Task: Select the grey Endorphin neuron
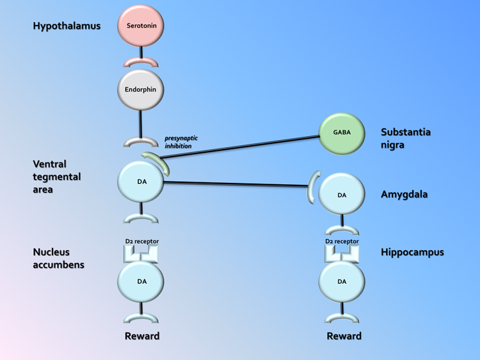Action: [x=141, y=90]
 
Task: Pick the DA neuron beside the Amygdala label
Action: [x=342, y=194]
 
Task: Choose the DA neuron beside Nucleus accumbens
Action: [x=141, y=281]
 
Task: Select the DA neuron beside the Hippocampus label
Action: [x=342, y=281]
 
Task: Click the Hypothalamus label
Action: [x=67, y=26]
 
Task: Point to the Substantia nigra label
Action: [x=405, y=138]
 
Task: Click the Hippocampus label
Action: [x=413, y=252]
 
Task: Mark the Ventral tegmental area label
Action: [x=57, y=176]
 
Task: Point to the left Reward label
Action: [x=142, y=336]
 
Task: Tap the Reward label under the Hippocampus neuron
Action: [x=344, y=336]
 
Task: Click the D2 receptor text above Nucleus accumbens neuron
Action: [x=141, y=242]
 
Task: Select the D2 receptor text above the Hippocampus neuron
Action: [x=342, y=242]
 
